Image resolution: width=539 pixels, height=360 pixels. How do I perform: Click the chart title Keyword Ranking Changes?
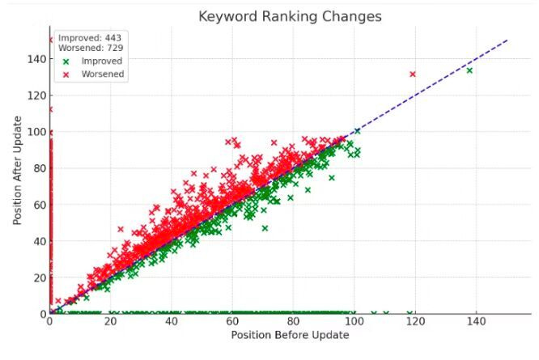click(x=290, y=16)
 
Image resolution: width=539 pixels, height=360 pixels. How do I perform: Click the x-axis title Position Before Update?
click(x=290, y=334)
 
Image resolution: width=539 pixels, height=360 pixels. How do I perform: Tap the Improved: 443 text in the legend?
click(x=90, y=37)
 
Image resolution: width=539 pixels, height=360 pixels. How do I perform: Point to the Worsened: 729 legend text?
click(x=91, y=49)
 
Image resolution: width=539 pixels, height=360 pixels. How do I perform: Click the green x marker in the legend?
click(x=66, y=61)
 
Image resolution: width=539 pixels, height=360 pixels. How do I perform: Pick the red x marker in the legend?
click(x=66, y=74)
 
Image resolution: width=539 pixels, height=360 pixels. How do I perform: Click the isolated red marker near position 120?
click(x=413, y=74)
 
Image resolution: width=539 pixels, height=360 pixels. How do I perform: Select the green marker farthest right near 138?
click(x=469, y=70)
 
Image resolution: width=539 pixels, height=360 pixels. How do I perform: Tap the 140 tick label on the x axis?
click(x=475, y=322)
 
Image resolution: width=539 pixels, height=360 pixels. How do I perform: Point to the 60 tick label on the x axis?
click(x=232, y=322)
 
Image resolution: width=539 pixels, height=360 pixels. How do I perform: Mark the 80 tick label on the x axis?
click(x=293, y=322)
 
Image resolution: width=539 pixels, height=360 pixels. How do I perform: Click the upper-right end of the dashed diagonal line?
click(x=507, y=40)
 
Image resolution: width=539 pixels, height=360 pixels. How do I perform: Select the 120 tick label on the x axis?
click(x=414, y=322)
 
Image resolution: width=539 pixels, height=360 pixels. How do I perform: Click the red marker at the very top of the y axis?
click(x=50, y=40)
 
